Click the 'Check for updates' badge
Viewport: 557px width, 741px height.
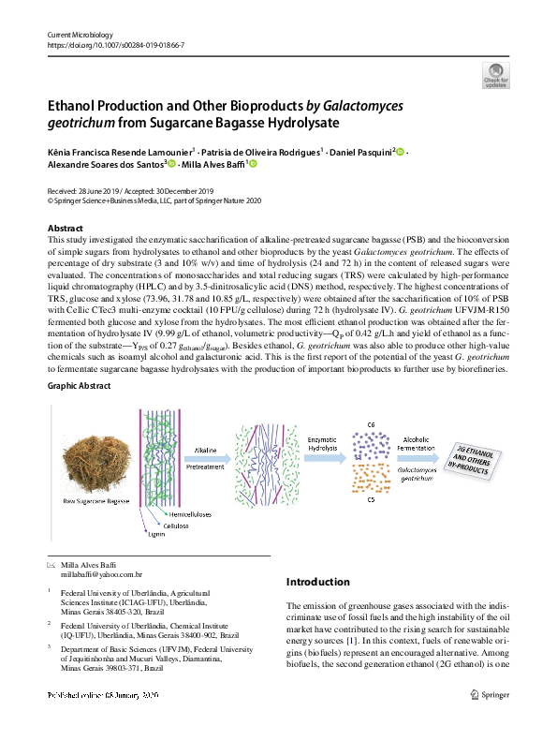pyautogui.click(x=494, y=74)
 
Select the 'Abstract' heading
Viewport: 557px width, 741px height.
pyautogui.click(x=65, y=229)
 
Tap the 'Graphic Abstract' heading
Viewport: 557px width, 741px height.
pyautogui.click(x=81, y=410)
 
